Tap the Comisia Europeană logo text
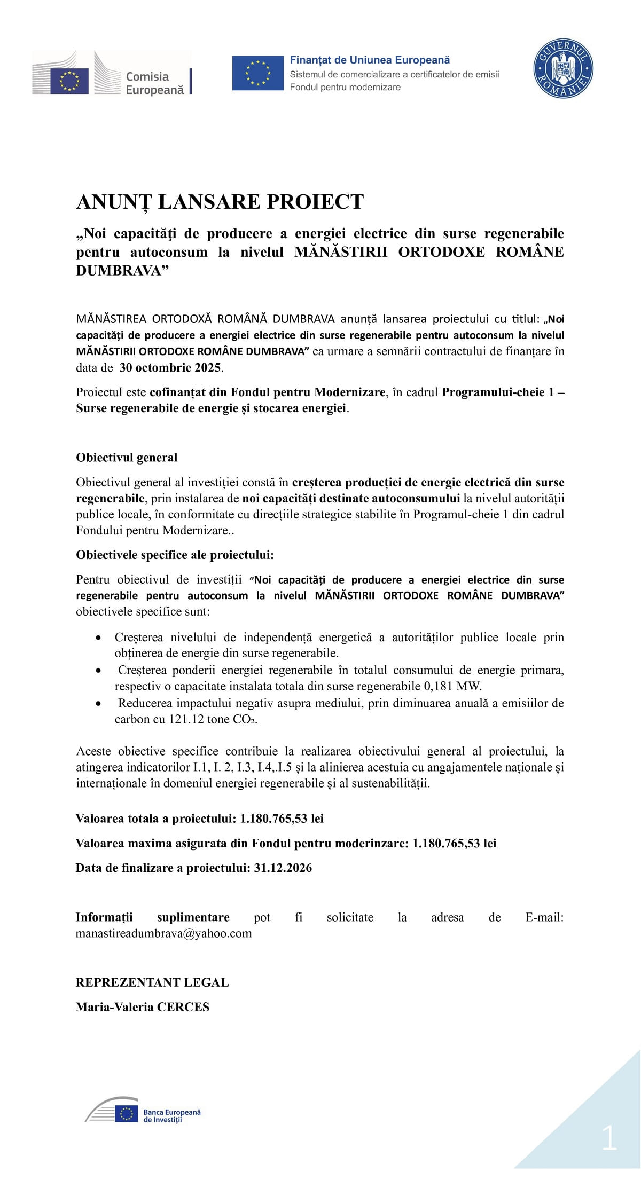click(154, 83)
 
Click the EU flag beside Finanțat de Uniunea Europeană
click(257, 73)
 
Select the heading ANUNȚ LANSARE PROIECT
click(220, 202)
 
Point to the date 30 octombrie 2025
click(170, 367)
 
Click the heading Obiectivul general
click(127, 458)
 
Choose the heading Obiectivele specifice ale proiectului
click(175, 555)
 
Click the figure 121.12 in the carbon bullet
click(186, 719)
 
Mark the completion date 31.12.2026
click(283, 868)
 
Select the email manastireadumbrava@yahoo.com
click(163, 933)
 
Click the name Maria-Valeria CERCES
click(143, 1007)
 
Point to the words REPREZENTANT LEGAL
click(152, 982)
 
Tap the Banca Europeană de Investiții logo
click(143, 1115)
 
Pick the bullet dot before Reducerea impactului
click(98, 704)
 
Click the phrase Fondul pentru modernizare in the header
click(345, 87)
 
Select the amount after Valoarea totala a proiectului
click(282, 819)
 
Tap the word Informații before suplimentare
click(104, 917)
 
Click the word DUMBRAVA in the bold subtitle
click(118, 271)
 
